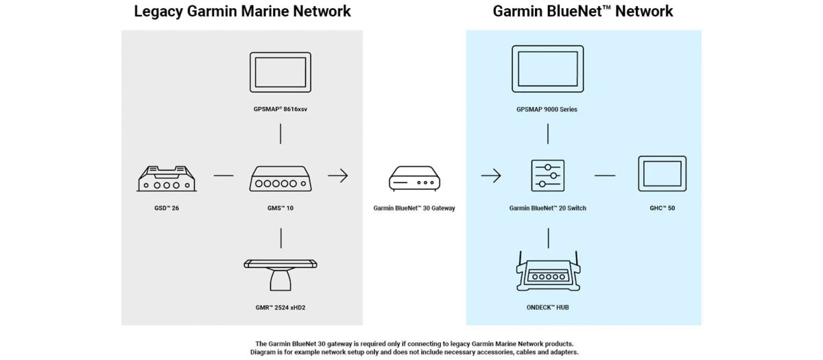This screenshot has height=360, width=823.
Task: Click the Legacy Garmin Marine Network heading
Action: pos(242,12)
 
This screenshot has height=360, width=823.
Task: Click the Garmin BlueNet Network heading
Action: pos(583,12)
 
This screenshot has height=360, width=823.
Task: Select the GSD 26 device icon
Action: pos(167,178)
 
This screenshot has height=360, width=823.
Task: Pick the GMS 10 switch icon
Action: pos(280,178)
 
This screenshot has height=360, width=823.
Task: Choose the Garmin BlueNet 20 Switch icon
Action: pos(548,176)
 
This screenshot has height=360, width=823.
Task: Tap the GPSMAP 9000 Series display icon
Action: pos(547,69)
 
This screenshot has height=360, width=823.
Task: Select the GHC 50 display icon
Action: pos(662,174)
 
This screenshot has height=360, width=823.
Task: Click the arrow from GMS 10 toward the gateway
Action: pos(337,176)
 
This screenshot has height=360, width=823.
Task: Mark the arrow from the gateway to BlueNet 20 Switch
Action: pos(490,176)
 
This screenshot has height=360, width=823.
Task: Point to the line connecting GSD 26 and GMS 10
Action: pos(224,176)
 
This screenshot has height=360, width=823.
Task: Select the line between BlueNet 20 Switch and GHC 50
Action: pos(604,176)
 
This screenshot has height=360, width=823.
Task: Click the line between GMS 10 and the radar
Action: pos(281,237)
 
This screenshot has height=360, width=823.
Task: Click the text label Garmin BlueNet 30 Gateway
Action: pos(414,208)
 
